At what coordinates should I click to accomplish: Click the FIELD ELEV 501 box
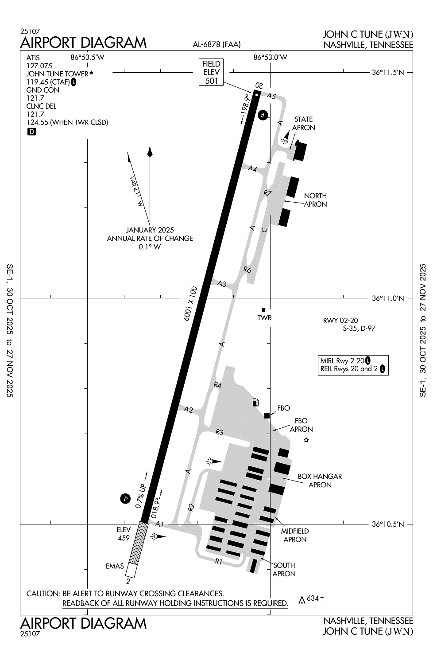coord(211,72)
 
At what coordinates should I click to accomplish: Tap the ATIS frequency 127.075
coord(39,66)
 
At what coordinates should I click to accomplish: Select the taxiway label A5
coord(271,96)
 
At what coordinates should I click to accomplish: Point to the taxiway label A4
coord(252,168)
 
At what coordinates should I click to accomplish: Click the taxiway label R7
coord(267,193)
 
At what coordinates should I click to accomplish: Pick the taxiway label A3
coord(222,284)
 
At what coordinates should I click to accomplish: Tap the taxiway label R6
coord(247,269)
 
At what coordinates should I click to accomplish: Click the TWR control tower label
coord(264,318)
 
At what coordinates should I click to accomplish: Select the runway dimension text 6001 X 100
coord(190,304)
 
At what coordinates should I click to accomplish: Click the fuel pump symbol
coord(255,402)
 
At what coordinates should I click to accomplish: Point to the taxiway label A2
coord(188,410)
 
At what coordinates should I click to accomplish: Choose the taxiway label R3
coord(219,432)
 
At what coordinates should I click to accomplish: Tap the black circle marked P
coord(125,499)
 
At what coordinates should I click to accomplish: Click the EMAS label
coord(115,566)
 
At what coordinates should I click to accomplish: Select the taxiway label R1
coord(219,561)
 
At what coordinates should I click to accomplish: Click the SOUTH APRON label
coord(284,569)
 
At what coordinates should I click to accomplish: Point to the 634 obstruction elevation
coord(315,598)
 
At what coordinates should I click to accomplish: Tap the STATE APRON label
coord(304,123)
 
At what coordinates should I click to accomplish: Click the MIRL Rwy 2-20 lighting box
coord(353,365)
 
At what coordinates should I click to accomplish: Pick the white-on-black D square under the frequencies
coord(32,132)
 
